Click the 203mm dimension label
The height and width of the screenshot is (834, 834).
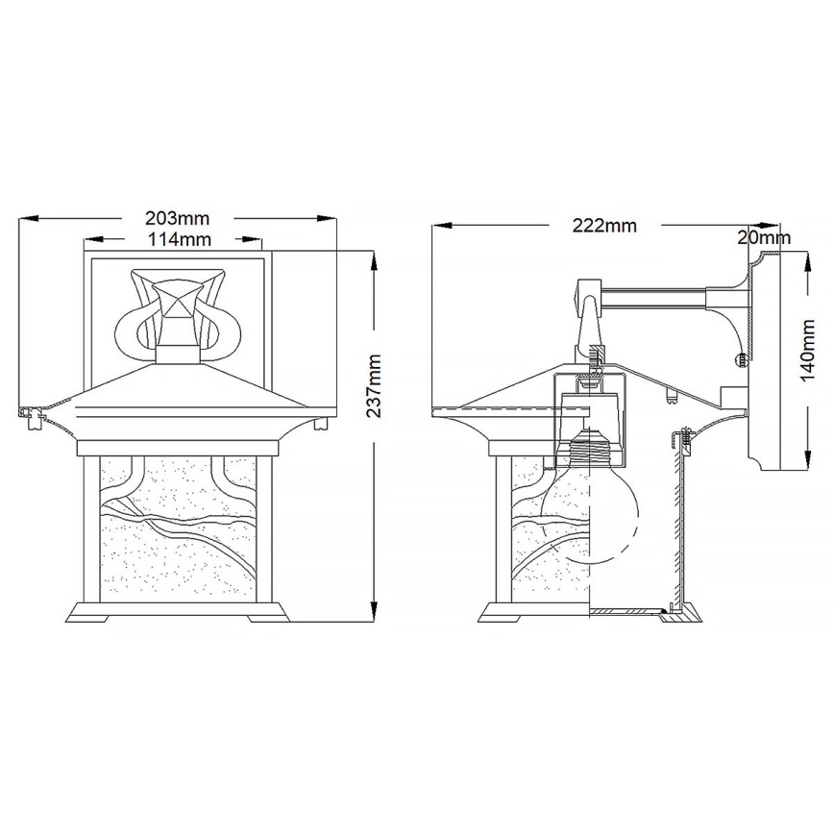tap(177, 219)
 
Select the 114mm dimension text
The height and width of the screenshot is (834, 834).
tap(177, 239)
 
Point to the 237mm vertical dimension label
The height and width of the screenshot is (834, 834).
tap(375, 384)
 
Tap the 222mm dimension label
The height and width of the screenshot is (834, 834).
tap(604, 227)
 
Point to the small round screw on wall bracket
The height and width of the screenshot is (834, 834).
tap(741, 359)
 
